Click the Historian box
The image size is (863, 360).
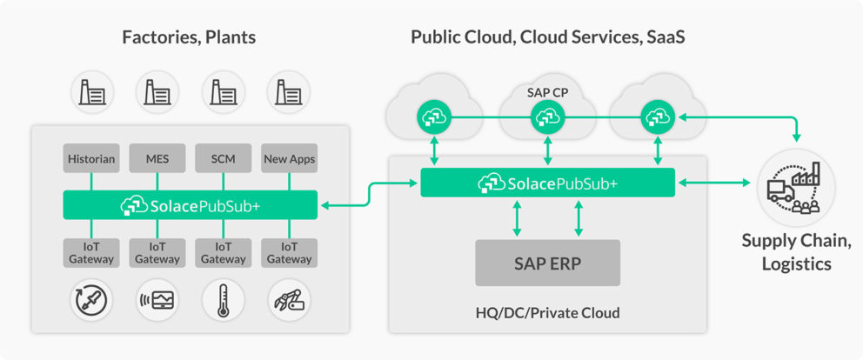(x=91, y=159)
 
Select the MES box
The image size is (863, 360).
(x=157, y=159)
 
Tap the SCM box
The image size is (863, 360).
(x=223, y=159)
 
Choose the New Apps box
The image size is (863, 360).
(x=289, y=159)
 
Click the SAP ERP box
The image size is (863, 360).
(x=547, y=262)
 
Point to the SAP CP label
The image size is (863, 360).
(x=547, y=90)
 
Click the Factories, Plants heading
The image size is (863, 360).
(x=189, y=37)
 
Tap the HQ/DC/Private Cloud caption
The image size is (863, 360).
(x=547, y=312)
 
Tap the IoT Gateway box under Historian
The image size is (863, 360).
(x=91, y=252)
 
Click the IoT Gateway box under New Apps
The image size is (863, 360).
(x=289, y=252)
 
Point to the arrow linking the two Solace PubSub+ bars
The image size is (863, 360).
(x=369, y=194)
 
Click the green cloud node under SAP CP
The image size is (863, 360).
(x=546, y=116)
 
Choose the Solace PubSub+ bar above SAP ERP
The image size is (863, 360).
(x=547, y=183)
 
